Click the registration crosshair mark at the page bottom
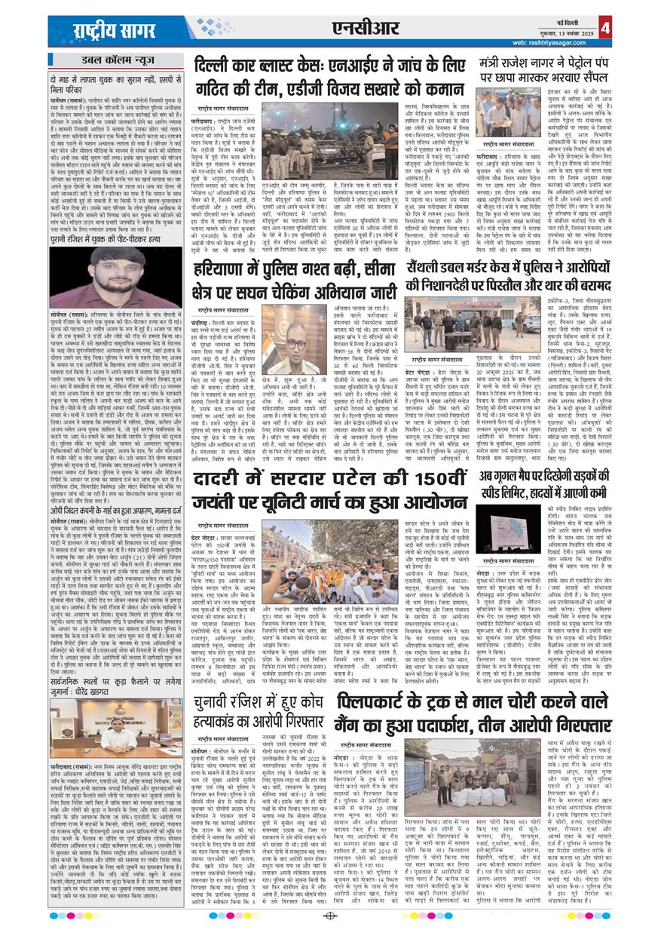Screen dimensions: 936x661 [329, 916]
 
